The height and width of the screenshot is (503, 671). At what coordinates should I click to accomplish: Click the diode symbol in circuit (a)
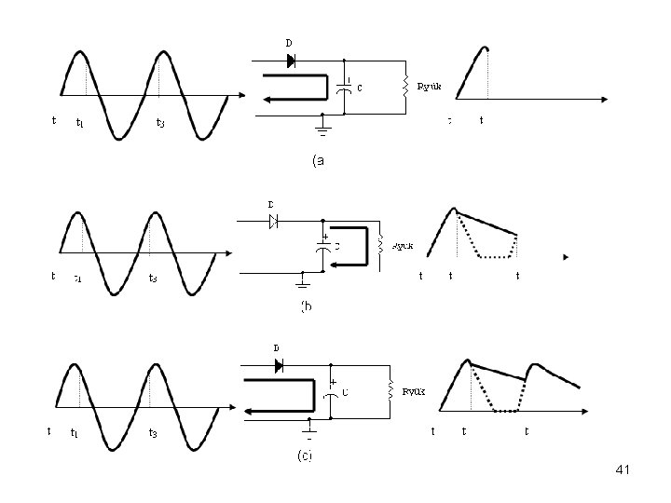(x=290, y=61)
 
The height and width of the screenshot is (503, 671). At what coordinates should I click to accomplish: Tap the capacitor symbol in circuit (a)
(x=345, y=86)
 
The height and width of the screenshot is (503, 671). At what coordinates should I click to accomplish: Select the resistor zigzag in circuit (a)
(x=405, y=86)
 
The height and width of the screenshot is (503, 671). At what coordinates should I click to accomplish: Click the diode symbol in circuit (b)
(x=274, y=221)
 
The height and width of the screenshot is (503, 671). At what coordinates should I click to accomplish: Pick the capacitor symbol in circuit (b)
(x=322, y=247)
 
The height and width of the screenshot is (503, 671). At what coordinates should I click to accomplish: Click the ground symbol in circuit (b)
(x=303, y=282)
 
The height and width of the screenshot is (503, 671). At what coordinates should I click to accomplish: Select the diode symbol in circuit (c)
(x=278, y=366)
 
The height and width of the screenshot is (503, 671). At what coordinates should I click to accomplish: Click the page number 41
(x=623, y=472)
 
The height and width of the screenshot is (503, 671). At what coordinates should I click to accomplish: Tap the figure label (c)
(x=305, y=455)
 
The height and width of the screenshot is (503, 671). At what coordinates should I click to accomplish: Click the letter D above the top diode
(x=288, y=42)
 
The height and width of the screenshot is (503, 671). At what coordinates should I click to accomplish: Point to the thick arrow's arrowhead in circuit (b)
(x=328, y=264)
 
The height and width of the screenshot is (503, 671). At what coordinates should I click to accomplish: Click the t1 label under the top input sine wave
(x=80, y=123)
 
